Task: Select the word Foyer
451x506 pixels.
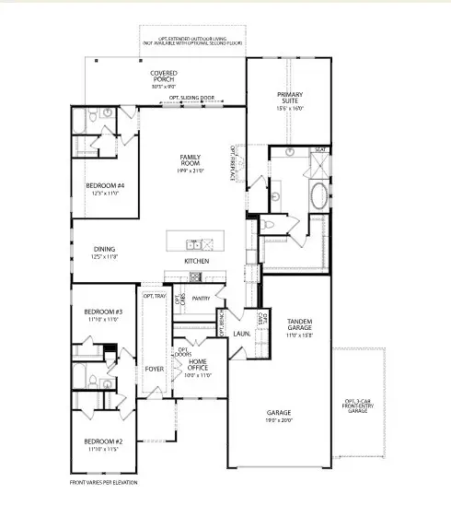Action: click(153, 369)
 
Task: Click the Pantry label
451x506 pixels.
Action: click(202, 298)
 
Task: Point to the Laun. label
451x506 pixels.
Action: click(242, 333)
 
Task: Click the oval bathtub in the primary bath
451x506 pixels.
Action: click(318, 195)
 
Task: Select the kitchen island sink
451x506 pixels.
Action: click(195, 244)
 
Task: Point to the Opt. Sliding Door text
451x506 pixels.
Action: click(191, 97)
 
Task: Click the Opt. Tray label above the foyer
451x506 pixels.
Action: click(154, 296)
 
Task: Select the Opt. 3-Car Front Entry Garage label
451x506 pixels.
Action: click(357, 404)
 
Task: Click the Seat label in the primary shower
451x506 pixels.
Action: click(320, 149)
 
